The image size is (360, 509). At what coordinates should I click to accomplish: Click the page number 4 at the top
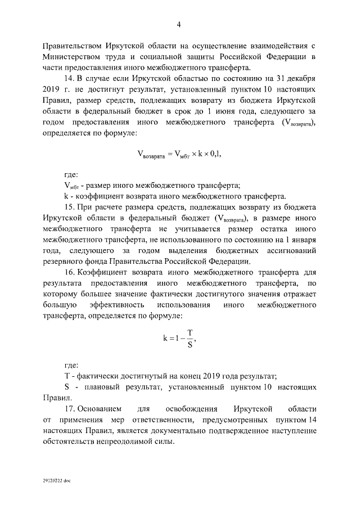pyautogui.click(x=178, y=24)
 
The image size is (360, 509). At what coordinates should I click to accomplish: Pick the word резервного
pyautogui.click(x=65, y=260)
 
